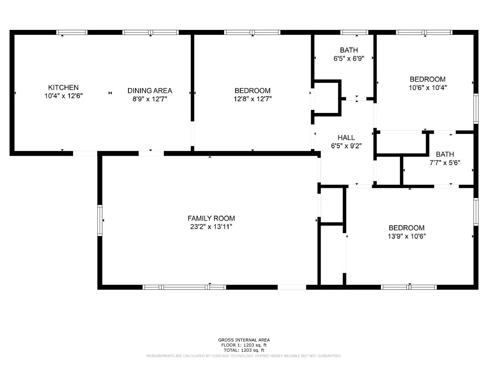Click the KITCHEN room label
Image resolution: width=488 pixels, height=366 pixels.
[63, 88]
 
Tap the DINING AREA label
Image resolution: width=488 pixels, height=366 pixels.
[150, 91]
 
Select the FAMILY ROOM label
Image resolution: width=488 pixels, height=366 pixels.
[211, 218]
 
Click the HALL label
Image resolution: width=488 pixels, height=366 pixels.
[346, 138]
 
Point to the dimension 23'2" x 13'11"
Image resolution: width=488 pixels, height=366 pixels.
[211, 227]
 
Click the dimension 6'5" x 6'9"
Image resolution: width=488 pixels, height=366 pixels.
[349, 59]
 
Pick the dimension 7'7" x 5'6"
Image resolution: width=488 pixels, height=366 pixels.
[445, 163]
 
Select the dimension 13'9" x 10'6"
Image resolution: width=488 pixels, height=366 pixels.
[407, 236]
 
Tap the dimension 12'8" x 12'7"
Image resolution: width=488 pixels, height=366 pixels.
[253, 99]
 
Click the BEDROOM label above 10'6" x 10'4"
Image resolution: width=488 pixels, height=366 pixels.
[428, 79]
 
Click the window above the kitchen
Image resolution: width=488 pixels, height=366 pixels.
[72, 32]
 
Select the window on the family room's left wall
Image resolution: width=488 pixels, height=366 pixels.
[100, 220]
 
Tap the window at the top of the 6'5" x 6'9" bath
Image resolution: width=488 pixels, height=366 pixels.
[354, 32]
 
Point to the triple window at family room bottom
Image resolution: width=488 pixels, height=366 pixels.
[184, 287]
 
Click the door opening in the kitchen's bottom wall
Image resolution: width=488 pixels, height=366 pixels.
[85, 153]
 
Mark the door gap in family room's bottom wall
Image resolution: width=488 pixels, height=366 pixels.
[292, 287]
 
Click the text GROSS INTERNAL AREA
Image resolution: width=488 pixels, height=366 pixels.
[244, 340]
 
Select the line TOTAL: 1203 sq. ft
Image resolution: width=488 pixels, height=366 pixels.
[244, 350]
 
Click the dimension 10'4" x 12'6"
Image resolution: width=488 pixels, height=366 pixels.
[63, 96]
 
